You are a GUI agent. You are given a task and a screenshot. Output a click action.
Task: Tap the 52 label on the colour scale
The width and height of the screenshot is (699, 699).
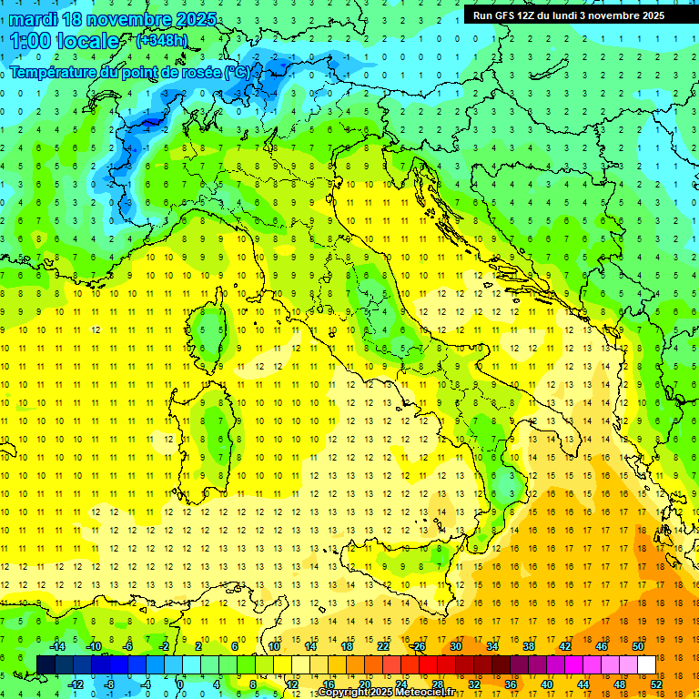tap(655, 684)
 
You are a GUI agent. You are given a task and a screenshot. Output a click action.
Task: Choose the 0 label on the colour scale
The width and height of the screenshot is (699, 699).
tap(180, 684)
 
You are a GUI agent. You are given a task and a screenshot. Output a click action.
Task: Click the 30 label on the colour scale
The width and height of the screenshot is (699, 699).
tap(456, 646)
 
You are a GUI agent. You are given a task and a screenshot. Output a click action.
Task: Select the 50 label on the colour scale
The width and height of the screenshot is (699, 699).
tap(637, 646)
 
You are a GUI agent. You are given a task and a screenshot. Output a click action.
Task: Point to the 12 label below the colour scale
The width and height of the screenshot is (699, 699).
tap(292, 684)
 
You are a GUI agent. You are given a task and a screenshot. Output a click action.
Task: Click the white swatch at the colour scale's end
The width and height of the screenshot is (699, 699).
tap(646, 664)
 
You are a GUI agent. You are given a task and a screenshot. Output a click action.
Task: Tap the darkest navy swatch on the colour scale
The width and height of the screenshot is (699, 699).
tap(46, 664)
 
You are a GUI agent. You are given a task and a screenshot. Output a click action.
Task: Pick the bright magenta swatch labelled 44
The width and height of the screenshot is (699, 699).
tap(573, 664)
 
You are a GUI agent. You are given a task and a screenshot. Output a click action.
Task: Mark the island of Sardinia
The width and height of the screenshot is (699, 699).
tap(215, 428)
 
